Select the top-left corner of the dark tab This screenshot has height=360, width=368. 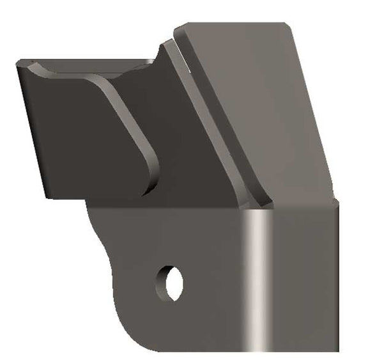pyautogui.click(x=18, y=64)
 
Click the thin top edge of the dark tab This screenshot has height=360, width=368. pyautogui.click(x=83, y=61)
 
